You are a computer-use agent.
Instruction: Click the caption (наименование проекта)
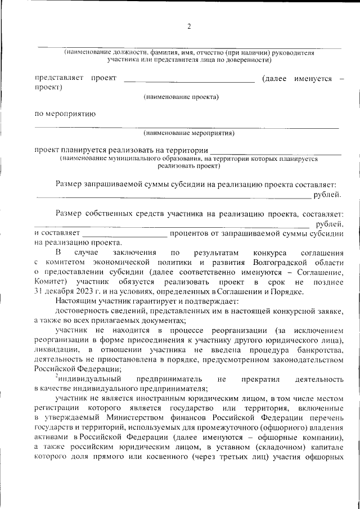click(x=181, y=97)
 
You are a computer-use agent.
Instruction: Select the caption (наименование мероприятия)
click(x=188, y=133)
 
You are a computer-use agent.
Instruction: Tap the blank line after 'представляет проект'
click(x=189, y=81)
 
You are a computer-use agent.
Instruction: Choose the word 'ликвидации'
click(x=53, y=350)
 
